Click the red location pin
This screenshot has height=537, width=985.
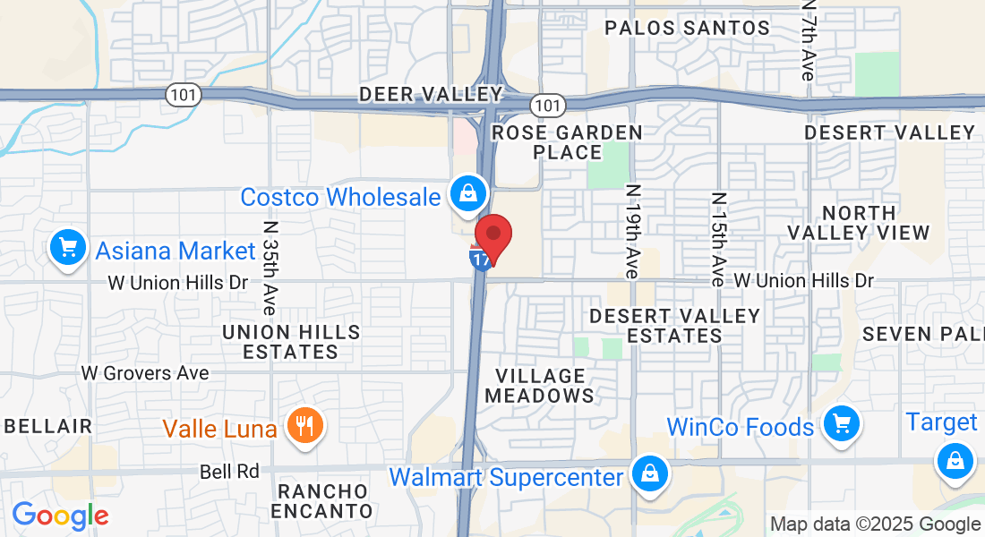click(492, 235)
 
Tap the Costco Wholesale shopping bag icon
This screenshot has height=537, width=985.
click(467, 192)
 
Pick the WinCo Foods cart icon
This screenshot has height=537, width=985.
click(841, 422)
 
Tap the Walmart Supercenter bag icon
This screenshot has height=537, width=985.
click(649, 473)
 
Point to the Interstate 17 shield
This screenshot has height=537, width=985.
click(481, 260)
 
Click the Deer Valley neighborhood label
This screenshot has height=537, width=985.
click(431, 94)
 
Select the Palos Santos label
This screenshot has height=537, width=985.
click(687, 28)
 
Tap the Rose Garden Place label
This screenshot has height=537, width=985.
click(568, 142)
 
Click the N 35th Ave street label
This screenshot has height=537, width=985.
click(268, 267)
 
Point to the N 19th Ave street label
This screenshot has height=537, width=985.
click(633, 231)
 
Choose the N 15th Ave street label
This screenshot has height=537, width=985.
click(717, 239)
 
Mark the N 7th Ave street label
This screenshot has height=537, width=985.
click(809, 40)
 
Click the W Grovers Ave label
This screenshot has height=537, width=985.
click(145, 372)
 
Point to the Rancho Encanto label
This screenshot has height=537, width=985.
click(323, 501)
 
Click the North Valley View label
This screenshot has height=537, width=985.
click(859, 223)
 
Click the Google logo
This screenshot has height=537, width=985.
click(60, 516)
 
